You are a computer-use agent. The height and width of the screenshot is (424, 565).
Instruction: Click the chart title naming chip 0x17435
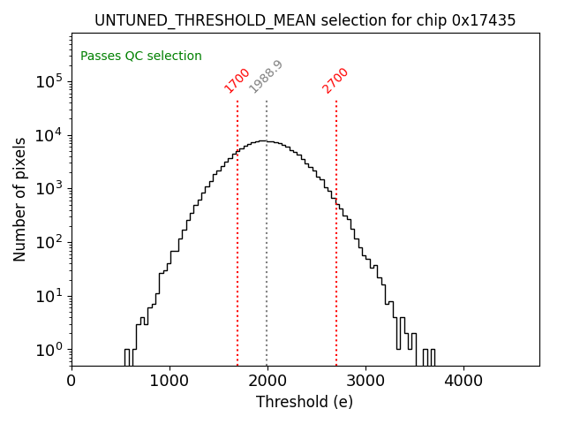pyautogui.click(x=305, y=20)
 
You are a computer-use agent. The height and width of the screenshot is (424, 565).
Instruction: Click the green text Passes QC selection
pyautogui.click(x=141, y=57)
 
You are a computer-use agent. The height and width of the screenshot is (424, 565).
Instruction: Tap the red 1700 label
pyautogui.click(x=237, y=80)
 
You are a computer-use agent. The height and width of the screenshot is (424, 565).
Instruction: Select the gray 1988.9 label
pyautogui.click(x=266, y=77)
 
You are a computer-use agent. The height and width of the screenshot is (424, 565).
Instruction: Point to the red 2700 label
pyautogui.click(x=335, y=80)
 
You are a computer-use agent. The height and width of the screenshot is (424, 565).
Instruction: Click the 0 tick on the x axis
pyautogui.click(x=72, y=381)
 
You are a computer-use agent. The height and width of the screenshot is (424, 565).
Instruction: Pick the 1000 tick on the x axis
pyautogui.click(x=169, y=381)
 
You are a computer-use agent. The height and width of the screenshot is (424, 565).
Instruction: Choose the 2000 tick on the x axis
pyautogui.click(x=267, y=381)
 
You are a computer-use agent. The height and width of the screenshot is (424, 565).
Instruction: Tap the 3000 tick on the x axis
pyautogui.click(x=365, y=381)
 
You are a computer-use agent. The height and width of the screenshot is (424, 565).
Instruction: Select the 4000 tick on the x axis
pyautogui.click(x=463, y=381)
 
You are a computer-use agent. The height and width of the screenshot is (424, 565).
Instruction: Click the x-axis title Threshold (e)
pyautogui.click(x=305, y=403)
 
